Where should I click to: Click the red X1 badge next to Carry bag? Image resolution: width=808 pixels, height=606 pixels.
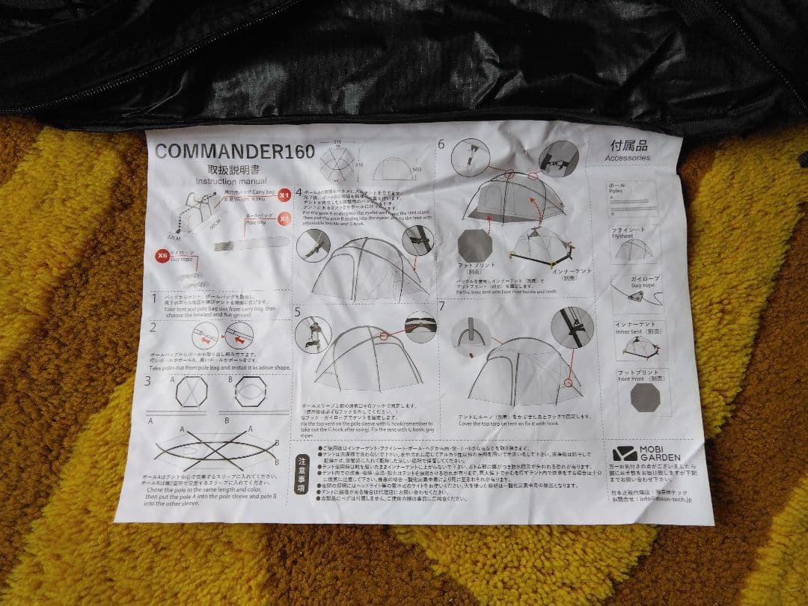pyautogui.click(x=284, y=196)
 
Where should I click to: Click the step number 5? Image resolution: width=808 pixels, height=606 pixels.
pyautogui.click(x=298, y=310)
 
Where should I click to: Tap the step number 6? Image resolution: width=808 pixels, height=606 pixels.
pyautogui.click(x=441, y=144)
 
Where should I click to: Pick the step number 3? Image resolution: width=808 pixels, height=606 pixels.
pyautogui.click(x=148, y=380)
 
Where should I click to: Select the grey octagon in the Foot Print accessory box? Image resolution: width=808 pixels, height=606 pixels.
pyautogui.click(x=645, y=397)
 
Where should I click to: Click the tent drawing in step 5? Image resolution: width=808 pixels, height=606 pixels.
pyautogui.click(x=367, y=358)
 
